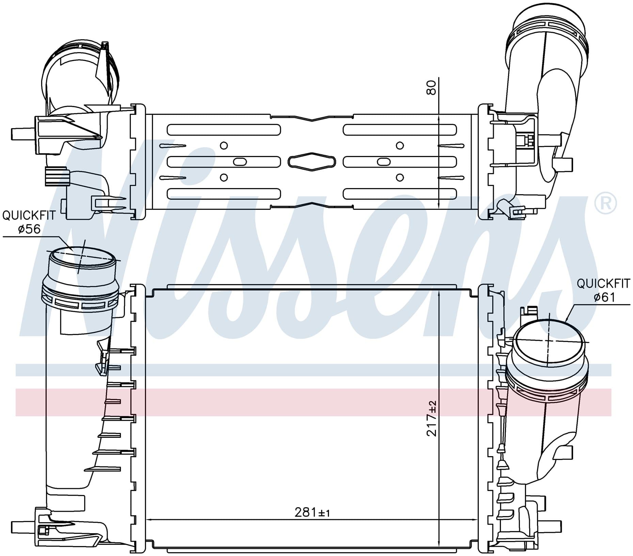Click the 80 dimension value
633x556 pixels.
431,88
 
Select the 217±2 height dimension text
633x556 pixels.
431,418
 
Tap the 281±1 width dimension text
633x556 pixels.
312,522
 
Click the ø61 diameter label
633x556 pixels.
604,297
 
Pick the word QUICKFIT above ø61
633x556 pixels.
603,283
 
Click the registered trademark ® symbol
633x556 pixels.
605,203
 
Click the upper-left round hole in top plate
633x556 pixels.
224,145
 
